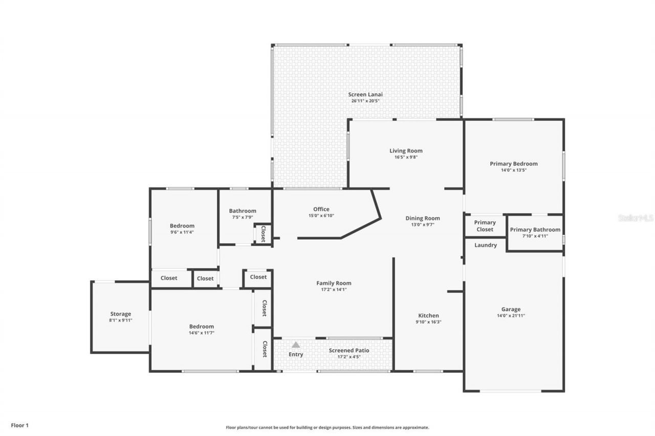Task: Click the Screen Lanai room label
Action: pos(365,94)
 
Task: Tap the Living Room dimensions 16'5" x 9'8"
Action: pos(406,157)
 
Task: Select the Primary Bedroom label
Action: pos(513,164)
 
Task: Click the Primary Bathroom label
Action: pos(535,230)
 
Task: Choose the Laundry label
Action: pos(485,245)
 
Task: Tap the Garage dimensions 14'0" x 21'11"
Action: pos(511,316)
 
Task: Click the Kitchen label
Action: pos(428,315)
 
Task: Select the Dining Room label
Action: pos(422,218)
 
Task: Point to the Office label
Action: pos(321,209)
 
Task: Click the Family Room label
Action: pos(334,283)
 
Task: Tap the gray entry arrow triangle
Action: pos(296,345)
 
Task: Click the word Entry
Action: pos(296,354)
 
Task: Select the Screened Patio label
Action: pos(349,350)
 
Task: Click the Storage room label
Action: pos(121,314)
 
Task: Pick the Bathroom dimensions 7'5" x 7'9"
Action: pos(243,217)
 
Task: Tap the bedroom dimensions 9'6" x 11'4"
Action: pos(182,232)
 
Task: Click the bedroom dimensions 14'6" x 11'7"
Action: pos(202,333)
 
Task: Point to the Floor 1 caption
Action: pos(20,425)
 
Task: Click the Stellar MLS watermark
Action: pos(636,218)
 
